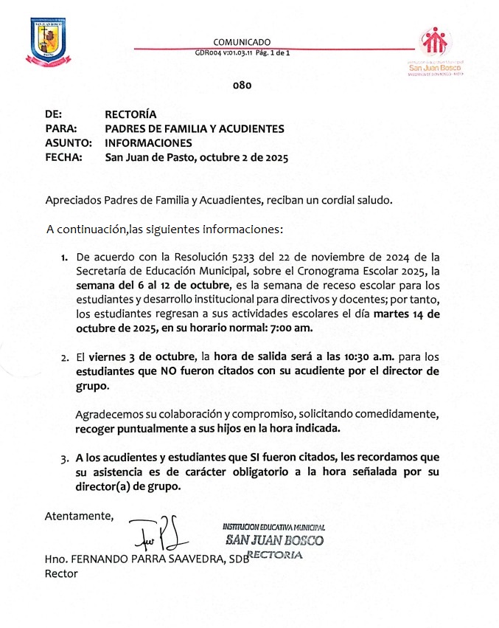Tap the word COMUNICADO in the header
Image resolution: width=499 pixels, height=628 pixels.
242,42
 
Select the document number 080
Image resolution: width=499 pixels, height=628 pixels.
242,86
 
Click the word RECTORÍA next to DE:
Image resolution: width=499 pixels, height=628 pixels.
130,114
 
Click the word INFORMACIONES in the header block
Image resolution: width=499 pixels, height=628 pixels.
148,142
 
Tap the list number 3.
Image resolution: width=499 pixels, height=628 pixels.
64,458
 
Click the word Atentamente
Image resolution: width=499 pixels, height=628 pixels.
80,515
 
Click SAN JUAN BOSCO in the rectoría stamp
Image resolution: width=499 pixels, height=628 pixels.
274,540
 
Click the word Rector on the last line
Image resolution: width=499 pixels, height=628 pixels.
60,573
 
